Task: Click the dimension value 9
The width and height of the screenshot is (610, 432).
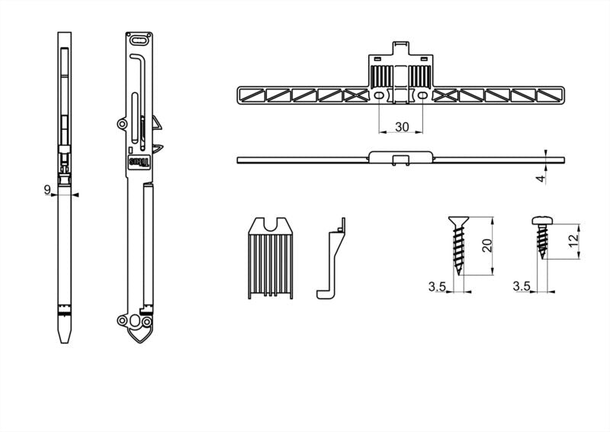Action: point(47,189)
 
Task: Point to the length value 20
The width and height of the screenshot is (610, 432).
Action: point(487,246)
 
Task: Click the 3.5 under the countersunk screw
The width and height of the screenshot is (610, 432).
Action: point(436,286)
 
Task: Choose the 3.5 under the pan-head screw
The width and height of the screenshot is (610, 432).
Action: point(522,286)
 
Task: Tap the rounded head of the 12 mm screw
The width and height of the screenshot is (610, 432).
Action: point(542,221)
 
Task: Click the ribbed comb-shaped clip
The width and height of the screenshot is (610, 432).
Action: point(271,260)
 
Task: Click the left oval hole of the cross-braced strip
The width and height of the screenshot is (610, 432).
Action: point(379,95)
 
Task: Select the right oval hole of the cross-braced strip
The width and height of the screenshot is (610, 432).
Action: point(425,95)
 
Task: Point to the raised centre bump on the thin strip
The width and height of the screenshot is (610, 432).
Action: point(402,157)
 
